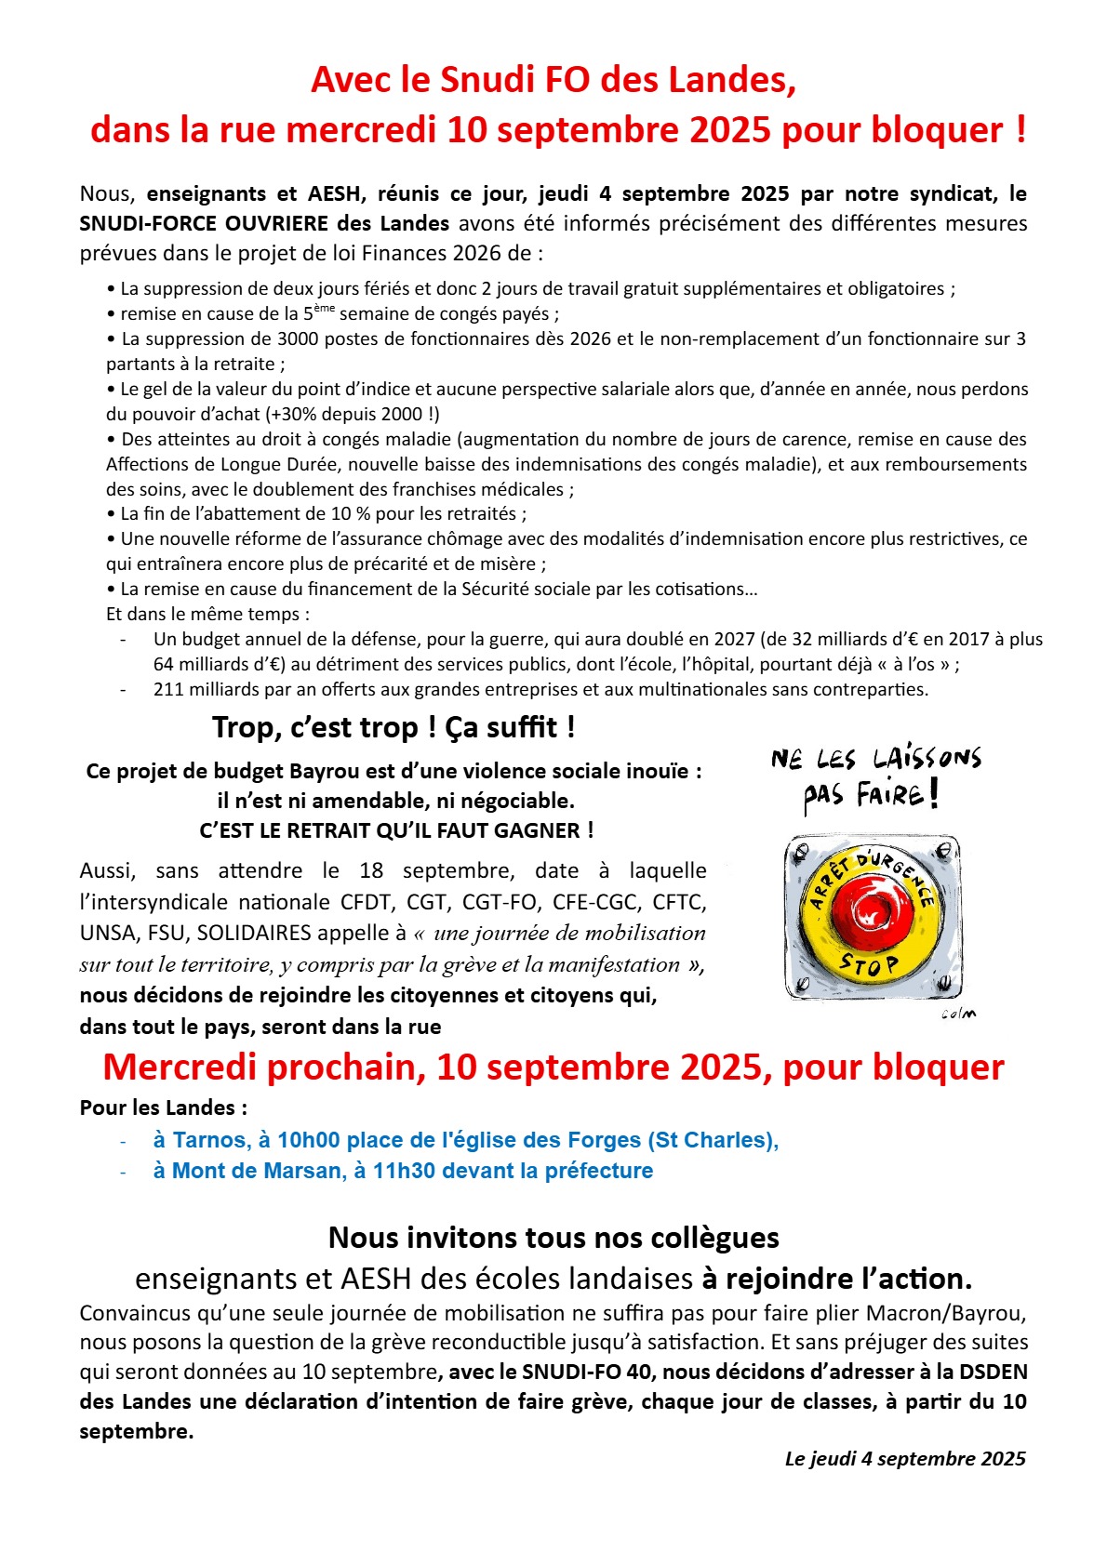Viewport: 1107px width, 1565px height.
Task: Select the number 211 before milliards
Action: coord(169,690)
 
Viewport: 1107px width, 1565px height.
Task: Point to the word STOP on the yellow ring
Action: coord(868,964)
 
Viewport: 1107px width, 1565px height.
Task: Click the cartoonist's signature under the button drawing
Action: coord(957,1014)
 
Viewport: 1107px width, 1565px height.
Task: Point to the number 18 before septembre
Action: coord(371,871)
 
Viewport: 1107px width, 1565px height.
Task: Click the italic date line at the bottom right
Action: coord(904,1459)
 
